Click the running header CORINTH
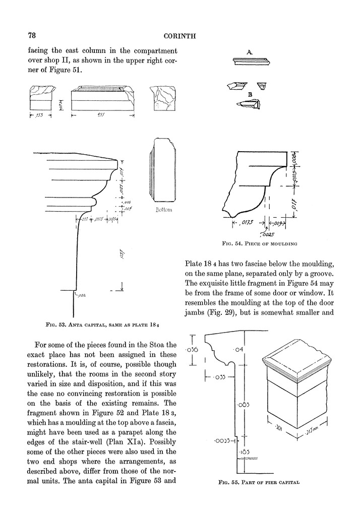point(179,36)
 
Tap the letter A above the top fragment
point(250,52)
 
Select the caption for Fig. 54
point(259,244)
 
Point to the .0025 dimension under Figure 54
point(267,235)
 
